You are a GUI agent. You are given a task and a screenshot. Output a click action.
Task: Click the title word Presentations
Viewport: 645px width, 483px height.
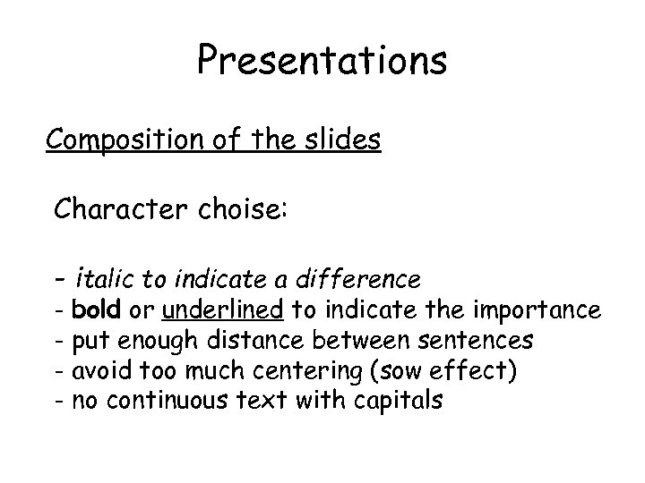322,61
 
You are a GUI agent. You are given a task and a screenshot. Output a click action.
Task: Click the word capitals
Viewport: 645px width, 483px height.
399,401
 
